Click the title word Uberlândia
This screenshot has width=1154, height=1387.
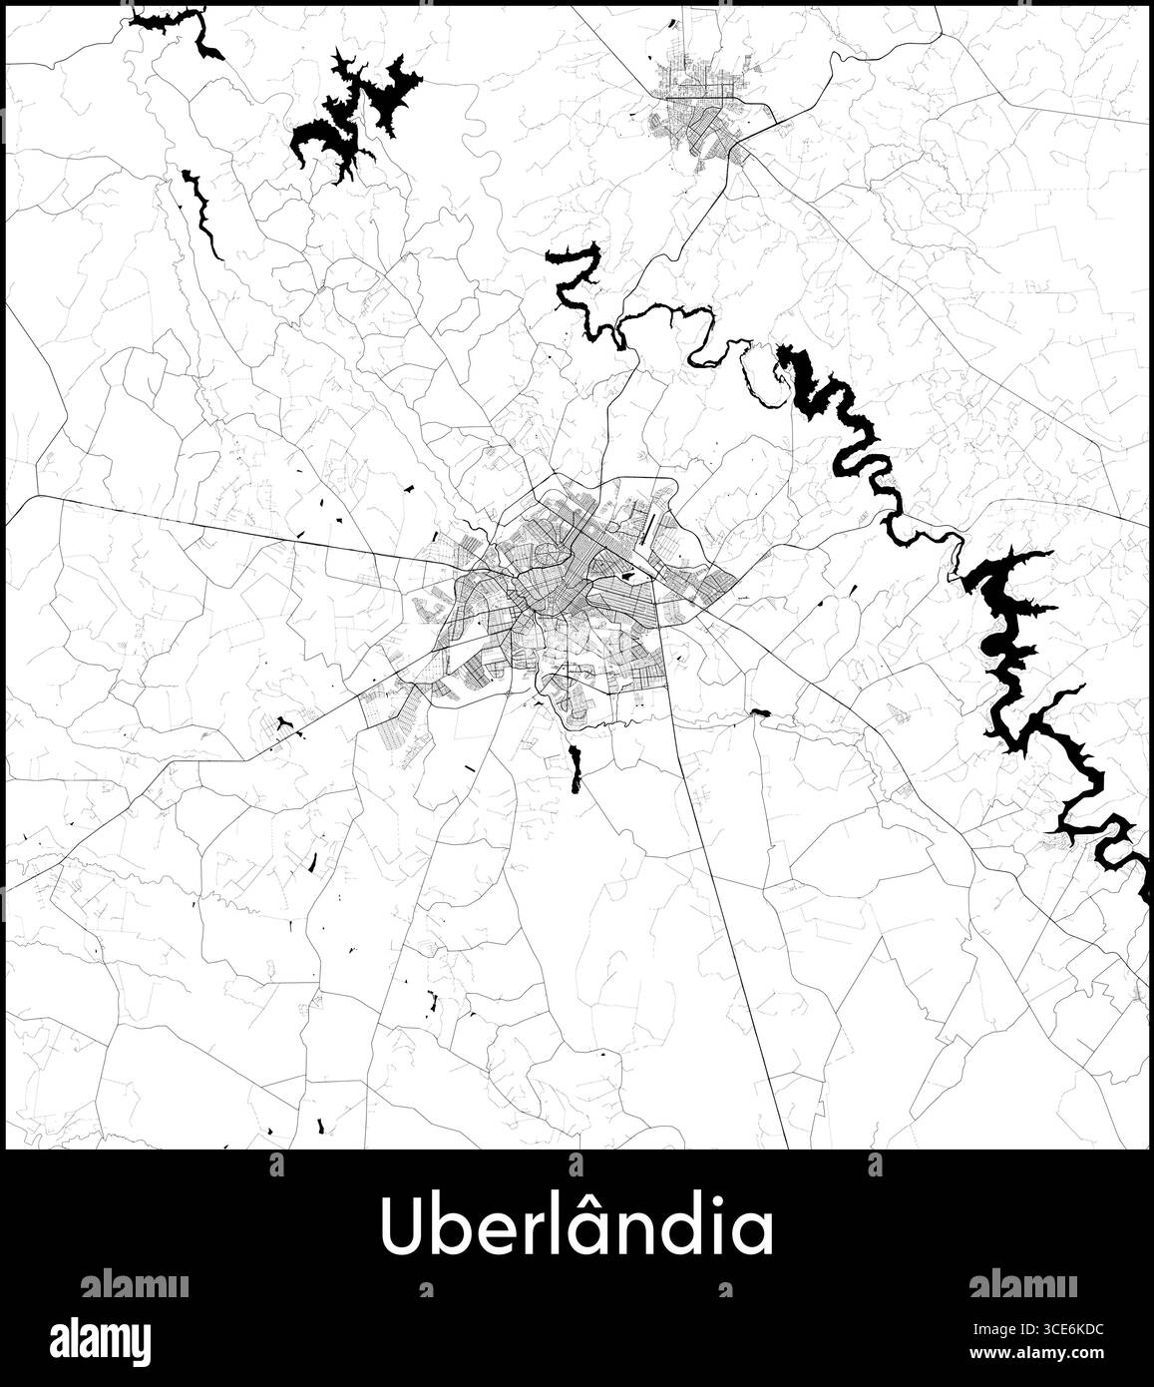pyautogui.click(x=577, y=1227)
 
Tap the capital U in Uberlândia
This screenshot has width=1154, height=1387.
pyautogui.click(x=399, y=1228)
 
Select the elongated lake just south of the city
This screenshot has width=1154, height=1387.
pyautogui.click(x=575, y=768)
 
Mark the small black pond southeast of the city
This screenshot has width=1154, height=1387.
pyautogui.click(x=760, y=712)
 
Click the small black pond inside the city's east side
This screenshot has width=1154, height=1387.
pyautogui.click(x=627, y=576)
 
